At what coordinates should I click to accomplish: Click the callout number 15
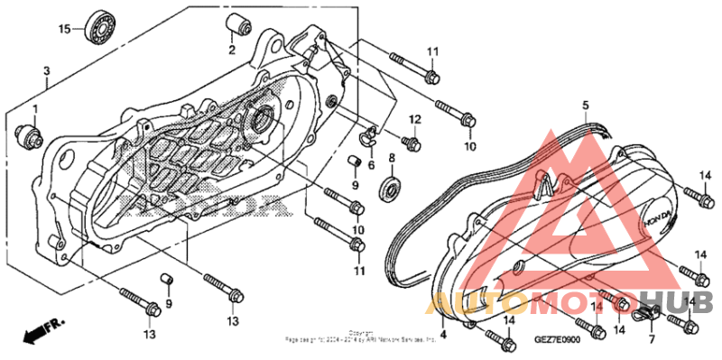click(x=64, y=30)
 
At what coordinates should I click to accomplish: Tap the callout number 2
click(x=232, y=50)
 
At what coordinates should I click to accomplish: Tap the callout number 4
click(x=442, y=333)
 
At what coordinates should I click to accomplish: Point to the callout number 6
click(x=371, y=151)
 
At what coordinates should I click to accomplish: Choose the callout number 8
click(x=392, y=158)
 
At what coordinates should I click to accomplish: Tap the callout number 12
click(x=416, y=120)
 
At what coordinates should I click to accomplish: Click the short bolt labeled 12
click(x=412, y=143)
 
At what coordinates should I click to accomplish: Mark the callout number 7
click(x=649, y=340)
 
